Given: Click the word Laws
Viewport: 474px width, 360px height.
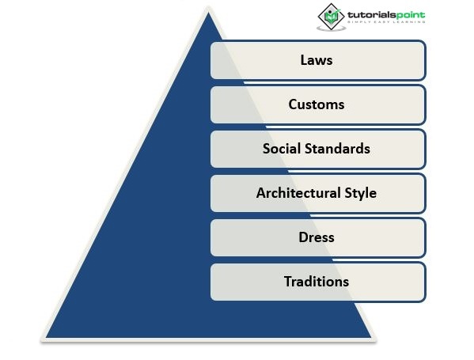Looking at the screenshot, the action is [317, 60].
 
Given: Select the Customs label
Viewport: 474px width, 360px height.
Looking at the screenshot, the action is [317, 104].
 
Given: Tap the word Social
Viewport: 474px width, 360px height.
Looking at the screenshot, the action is [282, 149].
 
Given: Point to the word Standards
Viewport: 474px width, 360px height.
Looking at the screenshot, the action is [337, 149].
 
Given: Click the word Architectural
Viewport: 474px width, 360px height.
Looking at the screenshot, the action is [298, 193].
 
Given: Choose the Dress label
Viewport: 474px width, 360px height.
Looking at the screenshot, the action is [317, 237].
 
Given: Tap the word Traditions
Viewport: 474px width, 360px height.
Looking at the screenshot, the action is [317, 282].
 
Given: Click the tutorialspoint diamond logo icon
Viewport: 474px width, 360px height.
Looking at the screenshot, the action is [331, 17].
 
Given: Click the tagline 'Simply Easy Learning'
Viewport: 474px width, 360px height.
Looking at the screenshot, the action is [386, 22].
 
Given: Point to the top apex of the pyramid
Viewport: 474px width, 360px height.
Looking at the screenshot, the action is [208, 12].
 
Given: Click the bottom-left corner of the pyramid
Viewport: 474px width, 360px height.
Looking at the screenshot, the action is [46, 337].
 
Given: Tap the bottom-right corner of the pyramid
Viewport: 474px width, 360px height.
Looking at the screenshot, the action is [371, 337].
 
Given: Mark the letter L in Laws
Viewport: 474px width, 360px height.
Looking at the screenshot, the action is [304, 60].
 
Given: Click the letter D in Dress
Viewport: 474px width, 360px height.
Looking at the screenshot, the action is [304, 237].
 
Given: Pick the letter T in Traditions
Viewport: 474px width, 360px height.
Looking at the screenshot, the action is [288, 282].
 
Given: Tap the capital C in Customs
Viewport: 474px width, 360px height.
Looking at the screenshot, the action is [293, 104].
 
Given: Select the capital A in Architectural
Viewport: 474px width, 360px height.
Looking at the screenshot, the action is [261, 193].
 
